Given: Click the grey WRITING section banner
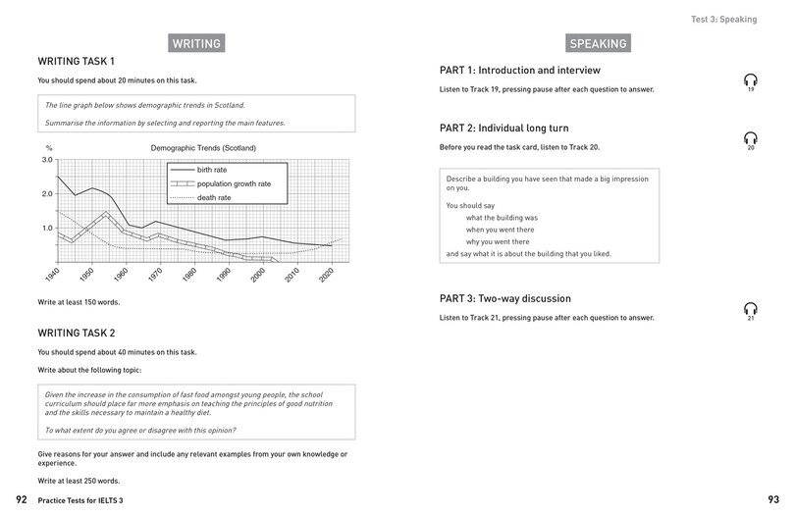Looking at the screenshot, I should pyautogui.click(x=195, y=43).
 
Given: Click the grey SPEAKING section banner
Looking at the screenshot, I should pyautogui.click(x=598, y=43).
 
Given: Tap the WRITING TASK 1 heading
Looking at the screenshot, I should pyautogui.click(x=82, y=61).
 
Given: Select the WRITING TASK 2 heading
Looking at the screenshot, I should pyautogui.click(x=83, y=333).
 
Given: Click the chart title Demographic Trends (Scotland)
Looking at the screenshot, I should pyautogui.click(x=203, y=147).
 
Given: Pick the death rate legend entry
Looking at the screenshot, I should pyautogui.click(x=217, y=197).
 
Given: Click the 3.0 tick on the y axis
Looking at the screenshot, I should pyautogui.click(x=46, y=159).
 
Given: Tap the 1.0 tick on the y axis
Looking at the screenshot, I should pyautogui.click(x=46, y=228).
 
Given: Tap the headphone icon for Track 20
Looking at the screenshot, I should pyautogui.click(x=750, y=138).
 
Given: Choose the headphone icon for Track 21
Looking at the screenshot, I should pyautogui.click(x=750, y=309).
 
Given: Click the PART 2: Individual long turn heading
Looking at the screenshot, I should pyautogui.click(x=503, y=129).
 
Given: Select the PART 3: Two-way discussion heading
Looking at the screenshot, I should pyautogui.click(x=504, y=298).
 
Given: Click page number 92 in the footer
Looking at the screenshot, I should pyautogui.click(x=21, y=500).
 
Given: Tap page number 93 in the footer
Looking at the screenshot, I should pyautogui.click(x=772, y=500).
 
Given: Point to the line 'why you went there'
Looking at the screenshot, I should pyautogui.click(x=500, y=241).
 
